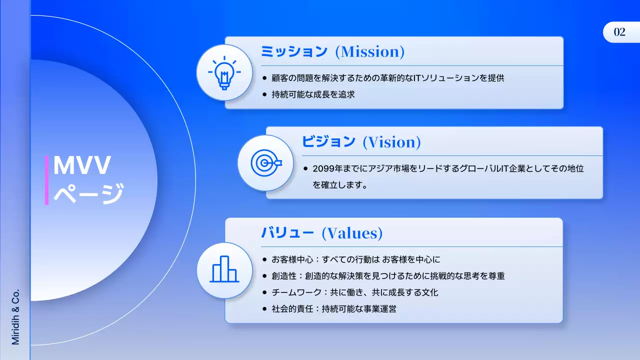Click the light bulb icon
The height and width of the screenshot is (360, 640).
coord(223,73)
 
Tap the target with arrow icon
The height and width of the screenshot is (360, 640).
coord(265,162)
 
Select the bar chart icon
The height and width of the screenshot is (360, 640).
coord(224,270)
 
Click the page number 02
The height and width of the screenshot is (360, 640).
coord(619,32)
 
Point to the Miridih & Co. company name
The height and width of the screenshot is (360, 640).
coord(15,316)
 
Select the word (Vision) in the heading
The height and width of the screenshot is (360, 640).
coord(391,142)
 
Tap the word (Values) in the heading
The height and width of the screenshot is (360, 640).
coord(352,232)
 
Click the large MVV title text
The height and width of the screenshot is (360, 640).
coord(81,165)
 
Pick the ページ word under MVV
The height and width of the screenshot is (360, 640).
coord(88,193)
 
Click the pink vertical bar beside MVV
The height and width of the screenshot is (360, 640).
coord(46,180)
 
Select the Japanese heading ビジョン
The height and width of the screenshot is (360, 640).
coord(328,142)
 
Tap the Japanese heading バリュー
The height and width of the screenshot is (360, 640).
coord(287,232)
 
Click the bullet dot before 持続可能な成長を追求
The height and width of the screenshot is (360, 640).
coord(264,94)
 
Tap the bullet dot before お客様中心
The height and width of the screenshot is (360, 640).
coord(264,259)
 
